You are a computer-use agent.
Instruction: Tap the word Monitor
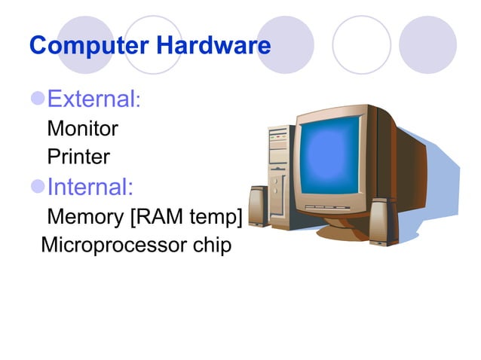click(82, 129)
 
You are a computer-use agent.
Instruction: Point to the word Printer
click(78, 157)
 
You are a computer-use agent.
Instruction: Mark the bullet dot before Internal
click(38, 187)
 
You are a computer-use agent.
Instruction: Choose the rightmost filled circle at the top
click(427, 44)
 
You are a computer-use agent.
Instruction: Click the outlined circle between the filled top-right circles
click(361, 44)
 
